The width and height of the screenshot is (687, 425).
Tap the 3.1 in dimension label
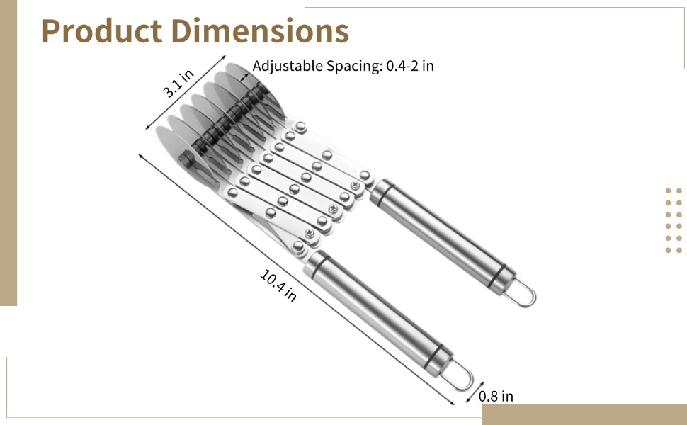[178, 83]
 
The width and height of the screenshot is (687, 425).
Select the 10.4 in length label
[278, 285]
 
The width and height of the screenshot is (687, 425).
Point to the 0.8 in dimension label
[496, 396]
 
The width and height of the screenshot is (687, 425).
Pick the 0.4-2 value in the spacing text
[402, 66]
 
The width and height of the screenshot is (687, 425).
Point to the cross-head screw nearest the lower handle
[309, 233]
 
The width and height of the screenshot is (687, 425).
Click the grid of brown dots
[673, 220]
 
